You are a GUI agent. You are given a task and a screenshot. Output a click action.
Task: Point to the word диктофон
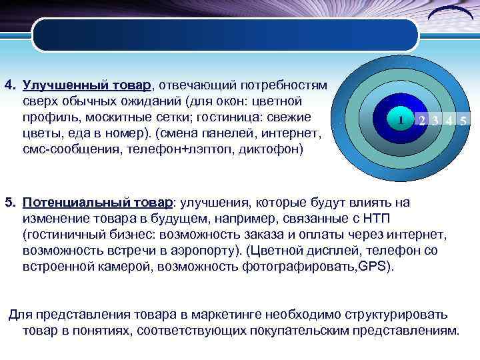click(274, 150)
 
